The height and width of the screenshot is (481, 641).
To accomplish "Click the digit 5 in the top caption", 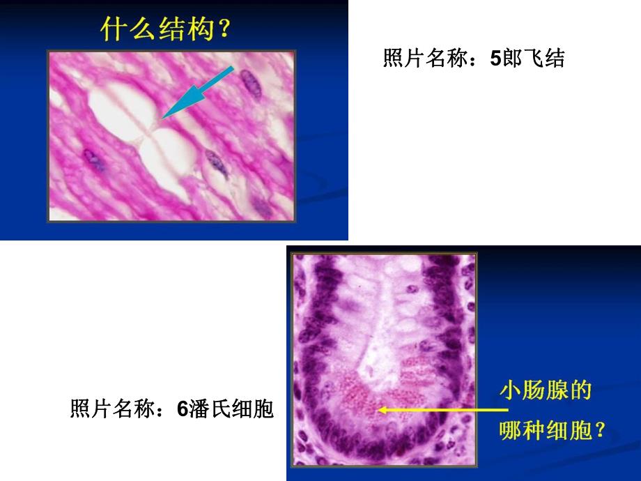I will coord(495,59).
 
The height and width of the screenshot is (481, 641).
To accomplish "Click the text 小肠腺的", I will coord(546,390).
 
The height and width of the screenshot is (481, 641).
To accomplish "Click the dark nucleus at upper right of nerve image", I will coord(249,82).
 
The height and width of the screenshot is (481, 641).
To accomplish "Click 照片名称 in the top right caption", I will coord(426,59).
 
